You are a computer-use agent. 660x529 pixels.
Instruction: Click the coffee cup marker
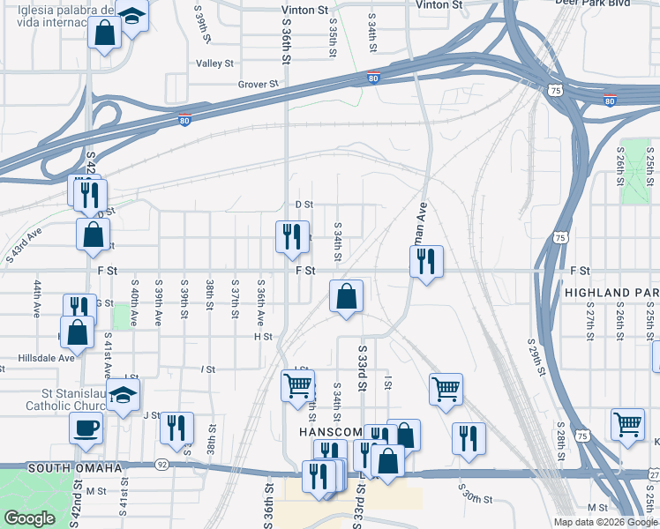86,428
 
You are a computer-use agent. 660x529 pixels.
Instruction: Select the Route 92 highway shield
161,464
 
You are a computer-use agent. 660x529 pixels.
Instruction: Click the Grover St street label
258,85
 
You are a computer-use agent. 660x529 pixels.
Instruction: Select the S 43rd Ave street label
23,244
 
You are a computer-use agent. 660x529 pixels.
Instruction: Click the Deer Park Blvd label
612,4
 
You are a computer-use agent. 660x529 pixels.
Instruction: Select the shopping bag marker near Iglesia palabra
105,34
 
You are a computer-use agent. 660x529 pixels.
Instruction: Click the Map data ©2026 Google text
604,522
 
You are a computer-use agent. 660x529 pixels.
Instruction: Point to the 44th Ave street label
39,301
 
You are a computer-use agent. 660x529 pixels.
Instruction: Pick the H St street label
262,337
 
